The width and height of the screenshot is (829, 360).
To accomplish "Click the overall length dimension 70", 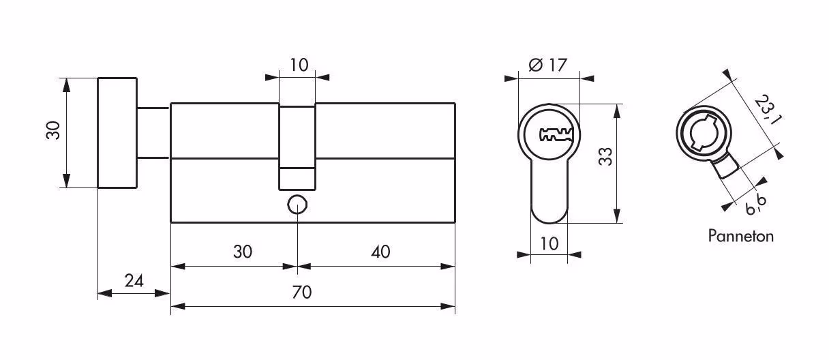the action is pyautogui.click(x=301, y=292).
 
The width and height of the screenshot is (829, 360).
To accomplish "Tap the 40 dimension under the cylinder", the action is pyautogui.click(x=380, y=252).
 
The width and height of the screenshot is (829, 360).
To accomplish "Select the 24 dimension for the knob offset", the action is pyautogui.click(x=134, y=281).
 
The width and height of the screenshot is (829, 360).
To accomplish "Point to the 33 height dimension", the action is pyautogui.click(x=606, y=157).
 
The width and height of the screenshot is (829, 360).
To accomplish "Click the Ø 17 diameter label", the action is pyautogui.click(x=547, y=65).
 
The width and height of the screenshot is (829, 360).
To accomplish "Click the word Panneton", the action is pyautogui.click(x=740, y=236).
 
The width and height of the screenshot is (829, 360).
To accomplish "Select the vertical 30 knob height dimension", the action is pyautogui.click(x=53, y=130).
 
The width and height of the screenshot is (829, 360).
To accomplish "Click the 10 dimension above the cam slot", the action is pyautogui.click(x=299, y=65).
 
